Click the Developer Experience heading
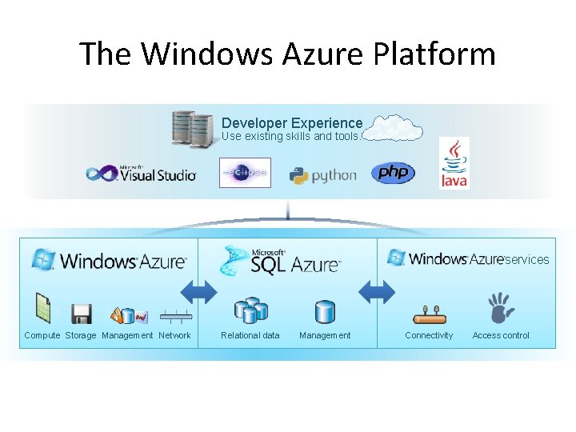(291, 123)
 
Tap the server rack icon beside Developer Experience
(192, 128)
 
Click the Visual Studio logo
(142, 174)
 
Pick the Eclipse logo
(245, 173)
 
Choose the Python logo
(322, 175)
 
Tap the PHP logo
(393, 173)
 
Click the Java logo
(454, 164)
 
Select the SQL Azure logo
(280, 260)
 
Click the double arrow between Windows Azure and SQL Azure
(199, 291)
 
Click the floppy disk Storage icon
(81, 313)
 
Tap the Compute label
(42, 335)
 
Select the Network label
(174, 335)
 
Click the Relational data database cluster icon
(250, 310)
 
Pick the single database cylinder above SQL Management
(324, 311)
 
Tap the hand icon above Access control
(501, 308)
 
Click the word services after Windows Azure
(527, 259)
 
